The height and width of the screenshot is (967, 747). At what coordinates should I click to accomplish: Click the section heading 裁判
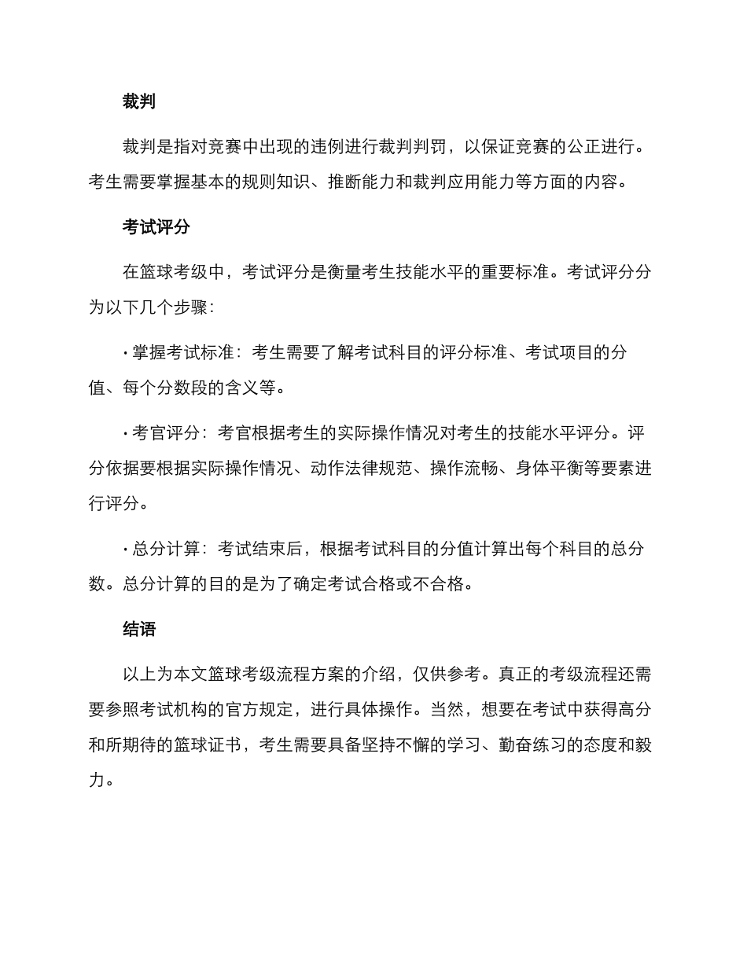pyautogui.click(x=139, y=101)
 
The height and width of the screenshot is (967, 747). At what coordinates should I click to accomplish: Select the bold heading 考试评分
pyautogui.click(x=156, y=227)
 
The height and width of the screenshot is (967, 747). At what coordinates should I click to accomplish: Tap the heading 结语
pyautogui.click(x=139, y=629)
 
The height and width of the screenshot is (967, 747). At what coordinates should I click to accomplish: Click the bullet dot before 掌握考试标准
pyautogui.click(x=126, y=353)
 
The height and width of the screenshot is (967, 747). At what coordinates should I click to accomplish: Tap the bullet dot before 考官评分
pyautogui.click(x=126, y=433)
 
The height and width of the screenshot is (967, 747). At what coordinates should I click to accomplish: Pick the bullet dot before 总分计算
pyautogui.click(x=126, y=549)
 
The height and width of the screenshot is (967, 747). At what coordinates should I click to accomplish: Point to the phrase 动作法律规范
pyautogui.click(x=362, y=469)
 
